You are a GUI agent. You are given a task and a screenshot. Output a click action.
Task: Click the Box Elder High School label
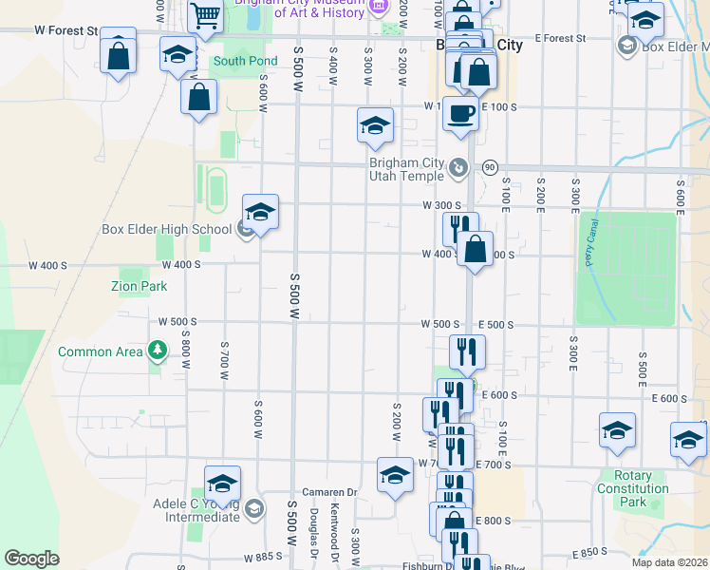pyautogui.click(x=167, y=229)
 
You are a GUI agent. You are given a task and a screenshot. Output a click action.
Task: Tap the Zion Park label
pyautogui.click(x=139, y=286)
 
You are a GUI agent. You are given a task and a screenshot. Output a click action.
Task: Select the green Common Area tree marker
pyautogui.click(x=158, y=351)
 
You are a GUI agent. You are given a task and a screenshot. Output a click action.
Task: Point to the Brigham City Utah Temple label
pyautogui.click(x=406, y=169)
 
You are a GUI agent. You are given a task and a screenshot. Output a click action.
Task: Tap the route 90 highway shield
pyautogui.click(x=490, y=167)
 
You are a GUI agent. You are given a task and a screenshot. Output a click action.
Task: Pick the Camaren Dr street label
pyautogui.click(x=328, y=492)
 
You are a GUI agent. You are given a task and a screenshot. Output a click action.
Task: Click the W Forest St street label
pyautogui.click(x=66, y=30)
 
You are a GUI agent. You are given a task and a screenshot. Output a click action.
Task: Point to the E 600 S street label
pyautogui.click(x=498, y=395)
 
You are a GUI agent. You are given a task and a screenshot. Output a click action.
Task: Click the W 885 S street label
pyautogui.click(x=263, y=557)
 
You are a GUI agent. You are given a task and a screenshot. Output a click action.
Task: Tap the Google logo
pyautogui.click(x=31, y=559)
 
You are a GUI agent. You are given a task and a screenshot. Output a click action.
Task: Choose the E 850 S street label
pyautogui.click(x=589, y=552)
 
